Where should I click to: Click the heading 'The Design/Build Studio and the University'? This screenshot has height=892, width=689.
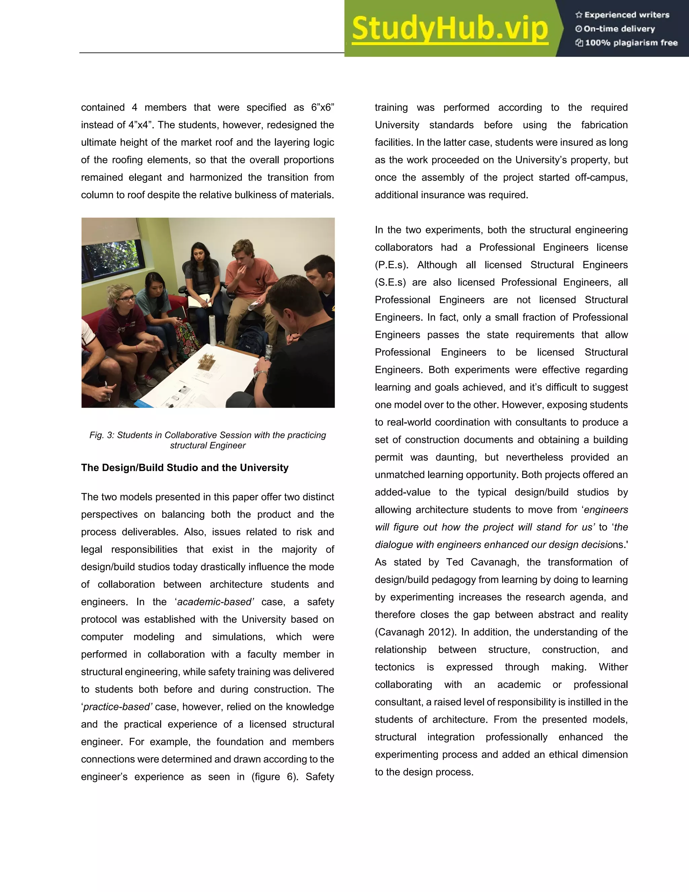[184, 468]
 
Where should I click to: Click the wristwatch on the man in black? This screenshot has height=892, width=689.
[263, 373]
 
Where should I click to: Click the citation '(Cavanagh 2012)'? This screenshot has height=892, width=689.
[415, 632]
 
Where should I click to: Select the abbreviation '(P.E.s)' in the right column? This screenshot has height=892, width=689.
[391, 265]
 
